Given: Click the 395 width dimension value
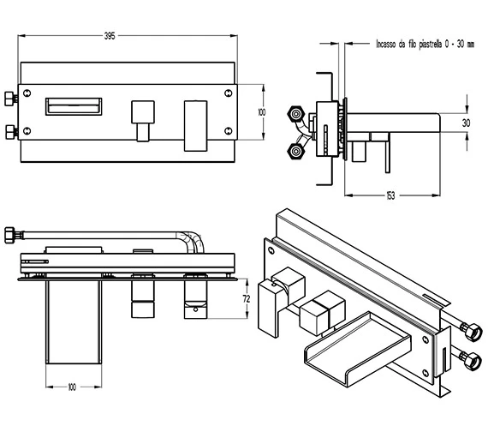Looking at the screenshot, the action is [110, 36].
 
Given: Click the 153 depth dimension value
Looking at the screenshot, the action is [390, 195].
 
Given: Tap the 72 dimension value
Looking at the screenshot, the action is [247, 299].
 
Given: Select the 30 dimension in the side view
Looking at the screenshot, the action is [466, 123].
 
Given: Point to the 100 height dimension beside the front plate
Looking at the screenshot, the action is [262, 112].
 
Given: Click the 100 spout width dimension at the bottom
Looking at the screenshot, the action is [72, 387].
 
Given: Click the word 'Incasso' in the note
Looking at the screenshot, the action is [386, 44].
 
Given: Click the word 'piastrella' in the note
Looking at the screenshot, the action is [430, 45].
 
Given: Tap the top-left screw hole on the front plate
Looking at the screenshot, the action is [27, 93].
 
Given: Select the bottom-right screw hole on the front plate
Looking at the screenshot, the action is [229, 131].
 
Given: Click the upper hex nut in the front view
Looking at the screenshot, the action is [10, 99].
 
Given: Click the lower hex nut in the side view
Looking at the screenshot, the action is [295, 152].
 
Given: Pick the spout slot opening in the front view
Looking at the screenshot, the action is [74, 106].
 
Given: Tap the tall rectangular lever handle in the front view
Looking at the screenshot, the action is [196, 126].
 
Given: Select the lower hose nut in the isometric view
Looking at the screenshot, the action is [472, 361].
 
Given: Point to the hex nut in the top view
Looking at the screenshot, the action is [9, 235].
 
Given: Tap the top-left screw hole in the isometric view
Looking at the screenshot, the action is [271, 250].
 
